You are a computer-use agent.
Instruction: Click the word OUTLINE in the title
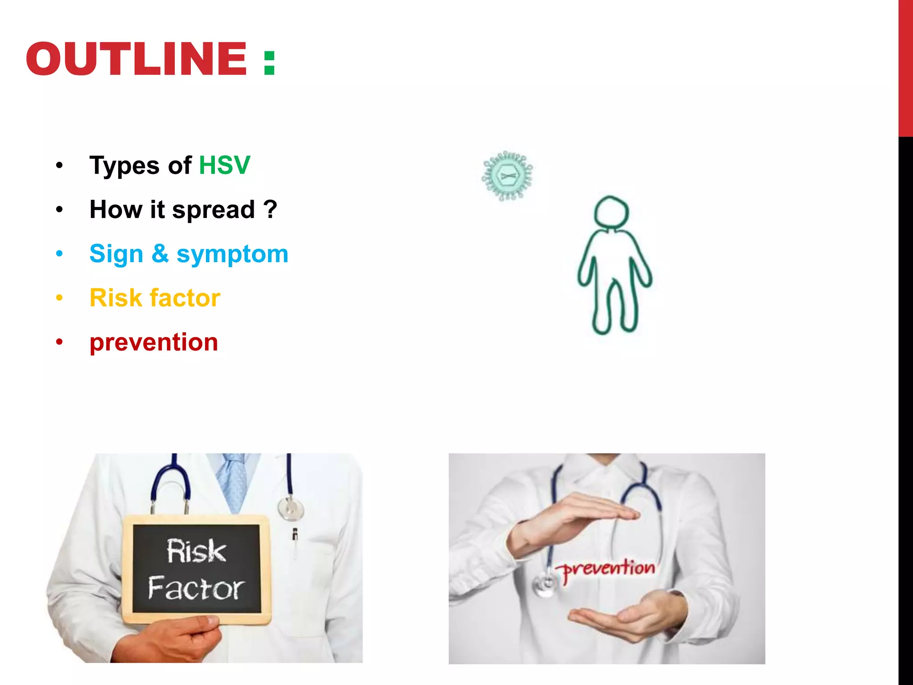pyautogui.click(x=136, y=59)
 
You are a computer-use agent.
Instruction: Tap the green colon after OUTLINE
pyautogui.click(x=269, y=62)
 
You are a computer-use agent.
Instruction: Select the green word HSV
pyautogui.click(x=224, y=165)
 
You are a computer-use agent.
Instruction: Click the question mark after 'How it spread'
pyautogui.click(x=270, y=209)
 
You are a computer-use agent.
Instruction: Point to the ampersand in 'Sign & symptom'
pyautogui.click(x=160, y=253)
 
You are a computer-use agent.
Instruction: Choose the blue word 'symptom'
pyautogui.click(x=232, y=255)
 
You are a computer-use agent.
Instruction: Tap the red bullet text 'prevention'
pyautogui.click(x=154, y=342)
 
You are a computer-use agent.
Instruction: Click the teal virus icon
pyautogui.click(x=507, y=176)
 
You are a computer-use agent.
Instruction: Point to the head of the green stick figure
pyautogui.click(x=611, y=212)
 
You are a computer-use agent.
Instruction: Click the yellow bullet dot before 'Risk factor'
pyautogui.click(x=59, y=298)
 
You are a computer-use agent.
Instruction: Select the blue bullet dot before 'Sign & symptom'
pyautogui.click(x=59, y=254)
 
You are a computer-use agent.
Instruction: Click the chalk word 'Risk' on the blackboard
pyautogui.click(x=196, y=551)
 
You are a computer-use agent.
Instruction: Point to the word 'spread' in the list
pyautogui.click(x=213, y=210)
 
